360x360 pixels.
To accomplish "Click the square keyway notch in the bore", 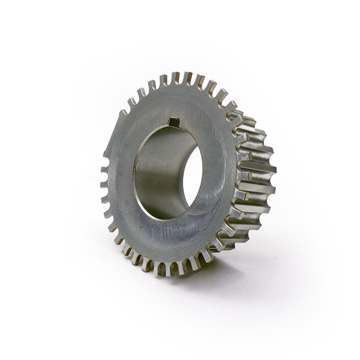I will click(x=172, y=122).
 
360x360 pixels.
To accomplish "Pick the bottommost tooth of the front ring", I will click(x=162, y=269).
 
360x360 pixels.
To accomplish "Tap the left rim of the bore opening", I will click(x=136, y=176).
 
